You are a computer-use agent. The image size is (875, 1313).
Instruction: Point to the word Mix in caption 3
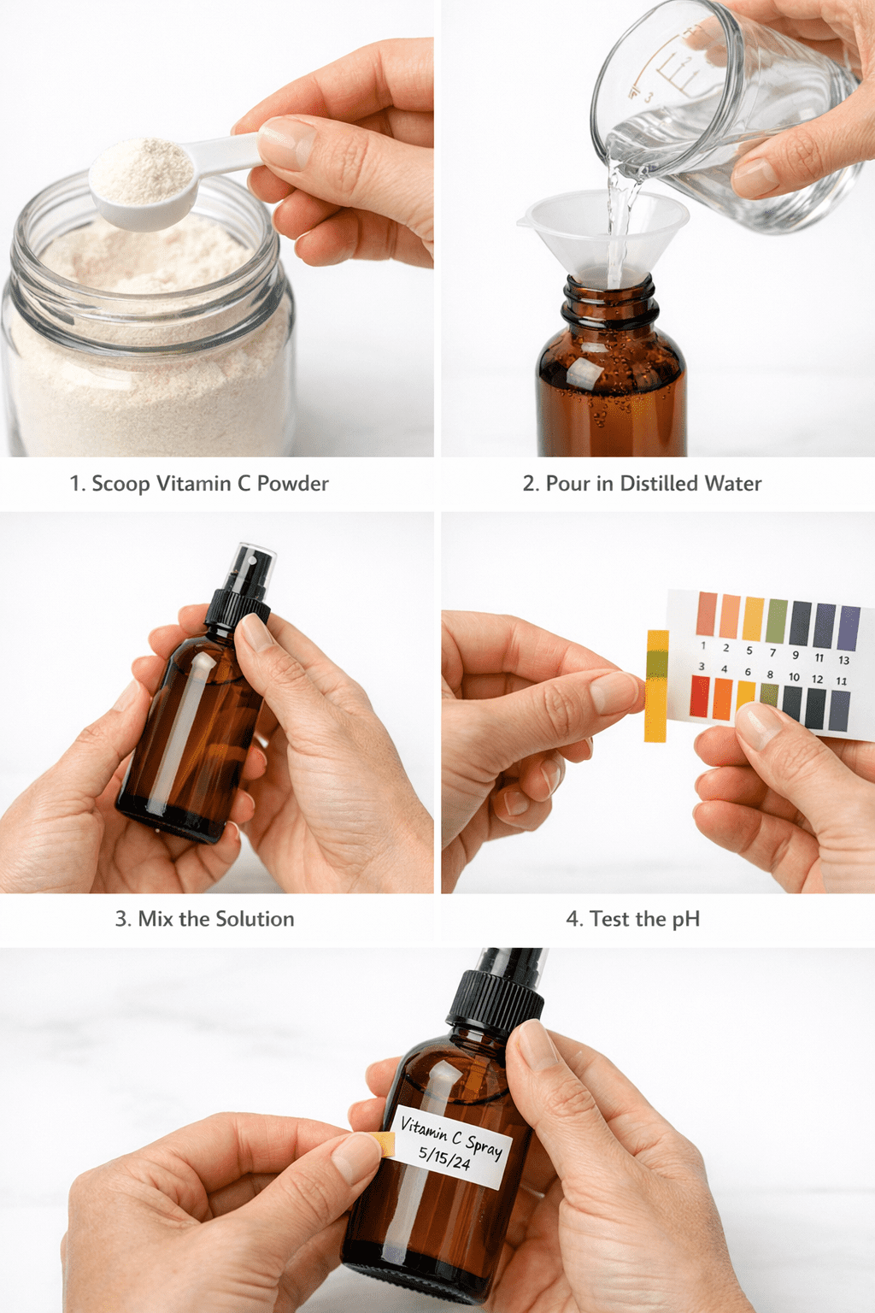coord(155,919)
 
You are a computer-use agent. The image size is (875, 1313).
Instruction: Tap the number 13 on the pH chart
coord(843,660)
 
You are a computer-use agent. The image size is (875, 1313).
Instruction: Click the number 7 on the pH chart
coord(772,652)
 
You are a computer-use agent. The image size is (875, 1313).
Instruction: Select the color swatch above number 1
coord(707,613)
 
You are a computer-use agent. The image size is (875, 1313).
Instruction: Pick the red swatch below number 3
coord(699,696)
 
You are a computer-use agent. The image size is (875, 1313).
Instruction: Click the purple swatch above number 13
coord(849,628)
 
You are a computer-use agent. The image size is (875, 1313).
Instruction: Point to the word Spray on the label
coord(484,1145)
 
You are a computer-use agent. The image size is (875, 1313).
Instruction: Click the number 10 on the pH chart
coord(794,677)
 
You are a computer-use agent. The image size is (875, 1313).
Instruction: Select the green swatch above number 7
coord(777,621)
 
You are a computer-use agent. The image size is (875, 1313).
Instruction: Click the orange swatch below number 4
coord(723,698)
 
